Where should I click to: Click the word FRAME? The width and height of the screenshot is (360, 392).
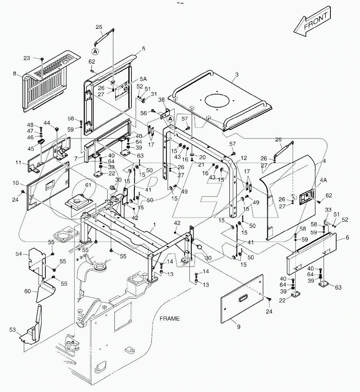169,318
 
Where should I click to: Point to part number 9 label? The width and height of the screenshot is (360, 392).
239,327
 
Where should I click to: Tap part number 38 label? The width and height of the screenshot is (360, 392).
162,99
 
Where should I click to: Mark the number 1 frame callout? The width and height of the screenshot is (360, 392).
154,224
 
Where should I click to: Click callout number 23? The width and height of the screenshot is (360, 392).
27,58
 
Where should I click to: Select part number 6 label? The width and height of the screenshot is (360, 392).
347,238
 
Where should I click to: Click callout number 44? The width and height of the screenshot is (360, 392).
46,123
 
